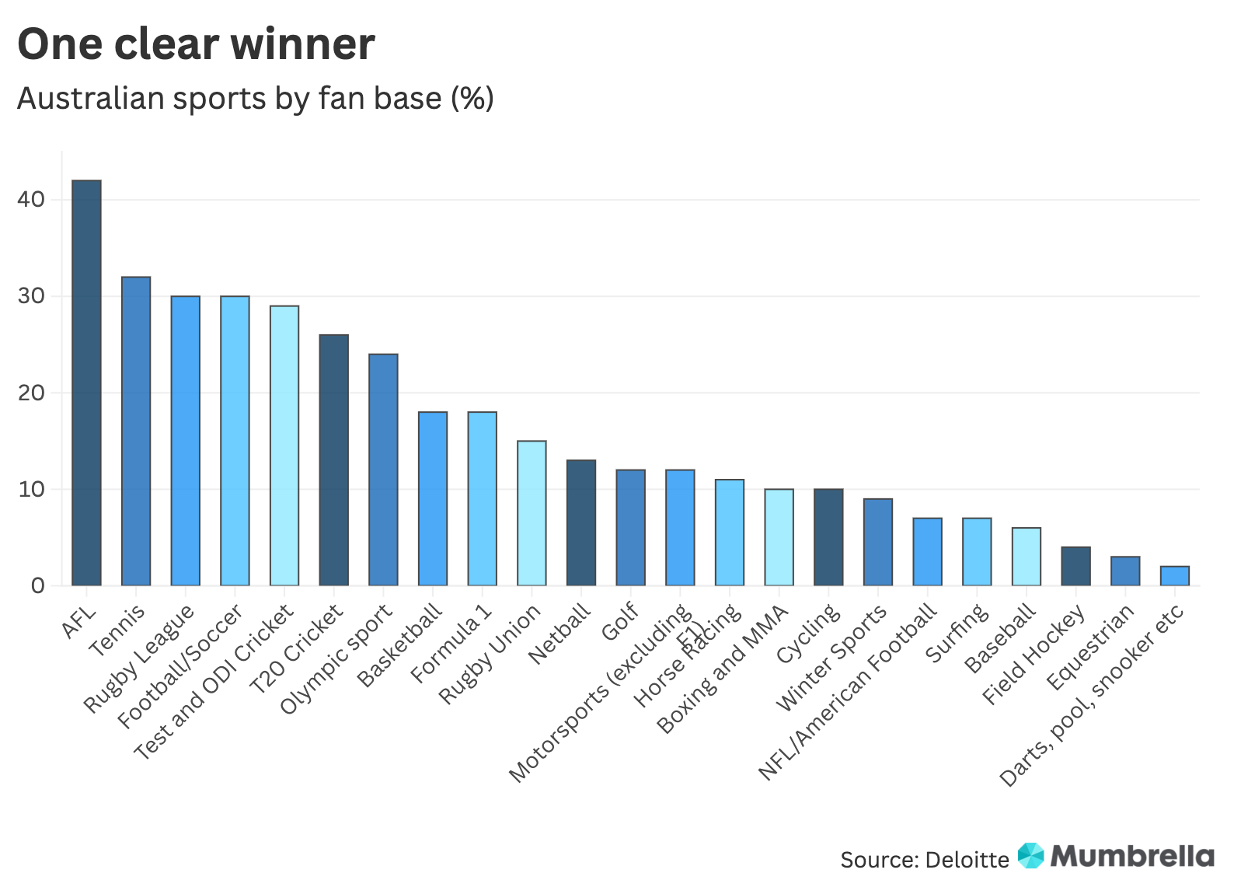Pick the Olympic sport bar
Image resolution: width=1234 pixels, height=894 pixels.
(383, 470)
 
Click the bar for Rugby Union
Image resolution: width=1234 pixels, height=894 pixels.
(532, 513)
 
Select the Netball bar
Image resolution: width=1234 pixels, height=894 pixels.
(581, 522)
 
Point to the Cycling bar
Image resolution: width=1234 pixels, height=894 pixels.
(828, 537)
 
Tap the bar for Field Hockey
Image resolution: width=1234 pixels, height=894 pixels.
(1075, 567)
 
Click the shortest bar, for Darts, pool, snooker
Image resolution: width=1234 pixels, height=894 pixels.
(1174, 576)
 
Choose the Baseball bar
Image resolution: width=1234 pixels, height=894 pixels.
(1026, 557)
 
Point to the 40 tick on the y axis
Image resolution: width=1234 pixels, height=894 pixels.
(31, 200)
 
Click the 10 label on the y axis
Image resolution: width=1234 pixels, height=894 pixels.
(31, 490)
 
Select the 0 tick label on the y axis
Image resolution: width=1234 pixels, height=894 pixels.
(38, 586)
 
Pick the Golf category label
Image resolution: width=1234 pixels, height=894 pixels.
(620, 621)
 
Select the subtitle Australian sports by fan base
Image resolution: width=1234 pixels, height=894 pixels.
(255, 99)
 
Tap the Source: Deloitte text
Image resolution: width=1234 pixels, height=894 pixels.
(924, 860)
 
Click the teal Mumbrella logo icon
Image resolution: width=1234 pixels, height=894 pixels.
(1031, 855)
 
